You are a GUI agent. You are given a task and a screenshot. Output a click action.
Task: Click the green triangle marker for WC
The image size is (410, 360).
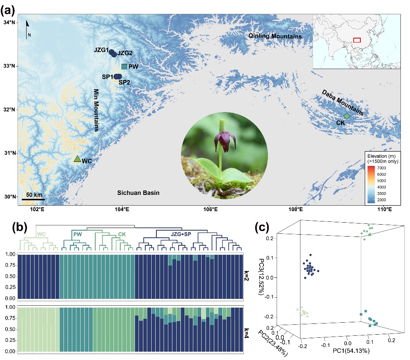77,159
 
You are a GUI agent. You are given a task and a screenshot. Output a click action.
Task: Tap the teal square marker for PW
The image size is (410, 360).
124,67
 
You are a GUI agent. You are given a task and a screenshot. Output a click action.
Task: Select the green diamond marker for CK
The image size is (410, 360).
346,116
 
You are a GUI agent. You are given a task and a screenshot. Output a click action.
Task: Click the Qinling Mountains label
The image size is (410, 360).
275,37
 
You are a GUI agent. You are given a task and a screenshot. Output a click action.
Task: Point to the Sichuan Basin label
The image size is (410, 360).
138,193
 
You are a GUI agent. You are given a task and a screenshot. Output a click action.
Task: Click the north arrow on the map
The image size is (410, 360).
28,29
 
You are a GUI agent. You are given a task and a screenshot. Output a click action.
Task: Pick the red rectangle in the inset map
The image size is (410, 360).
357,40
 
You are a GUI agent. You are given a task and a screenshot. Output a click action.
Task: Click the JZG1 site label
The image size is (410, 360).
101,50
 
